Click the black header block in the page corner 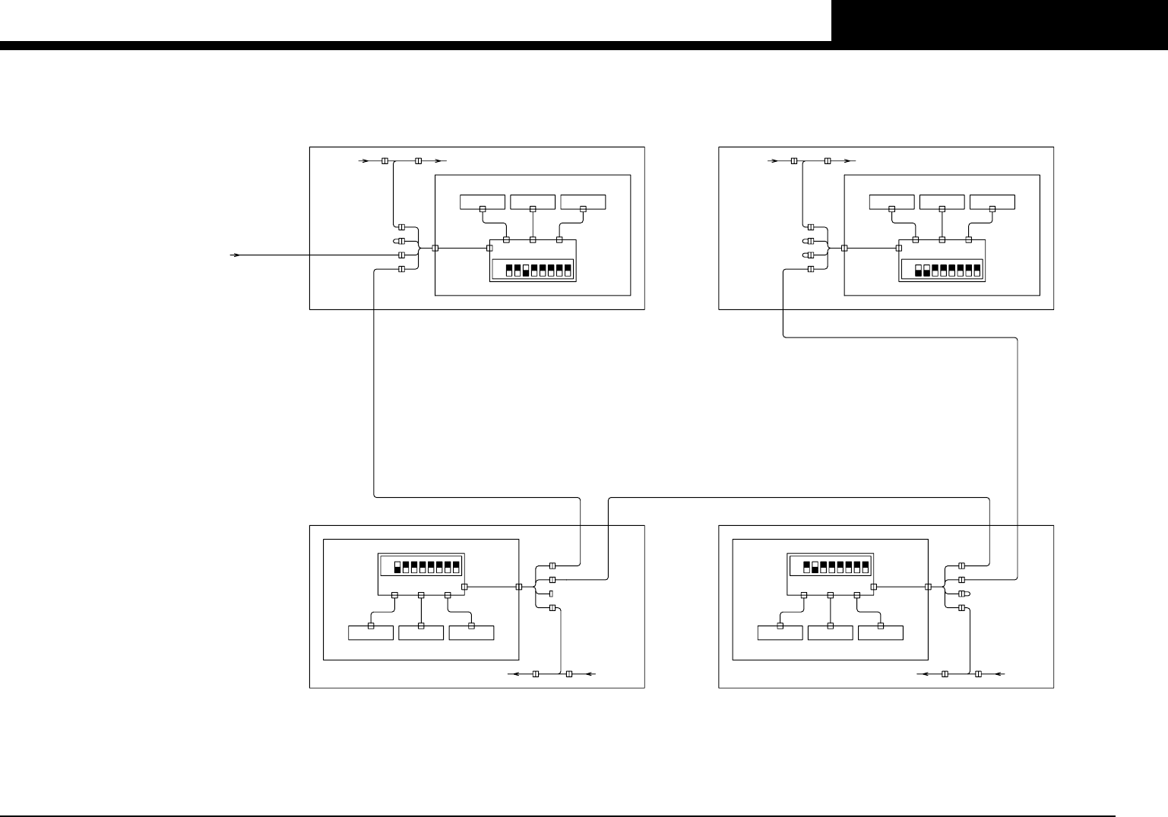coord(999,21)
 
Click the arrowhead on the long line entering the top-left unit coord(236,255)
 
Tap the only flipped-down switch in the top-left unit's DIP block coord(526,271)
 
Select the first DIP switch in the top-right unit coord(918,271)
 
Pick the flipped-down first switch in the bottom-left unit coord(397,567)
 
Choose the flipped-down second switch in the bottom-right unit coord(815,567)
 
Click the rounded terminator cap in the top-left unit coord(401,241)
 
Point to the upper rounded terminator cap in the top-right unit coord(810,241)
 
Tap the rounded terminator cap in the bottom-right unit coord(963,594)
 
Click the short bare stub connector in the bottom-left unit coord(552,594)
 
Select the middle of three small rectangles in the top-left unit coord(533,202)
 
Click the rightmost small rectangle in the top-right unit coord(992,202)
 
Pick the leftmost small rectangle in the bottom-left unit coord(371,633)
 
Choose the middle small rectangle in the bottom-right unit coord(831,633)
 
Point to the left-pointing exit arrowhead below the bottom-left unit coord(512,674)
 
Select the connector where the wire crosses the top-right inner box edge coord(844,248)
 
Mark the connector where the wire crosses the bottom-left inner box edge coord(519,587)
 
